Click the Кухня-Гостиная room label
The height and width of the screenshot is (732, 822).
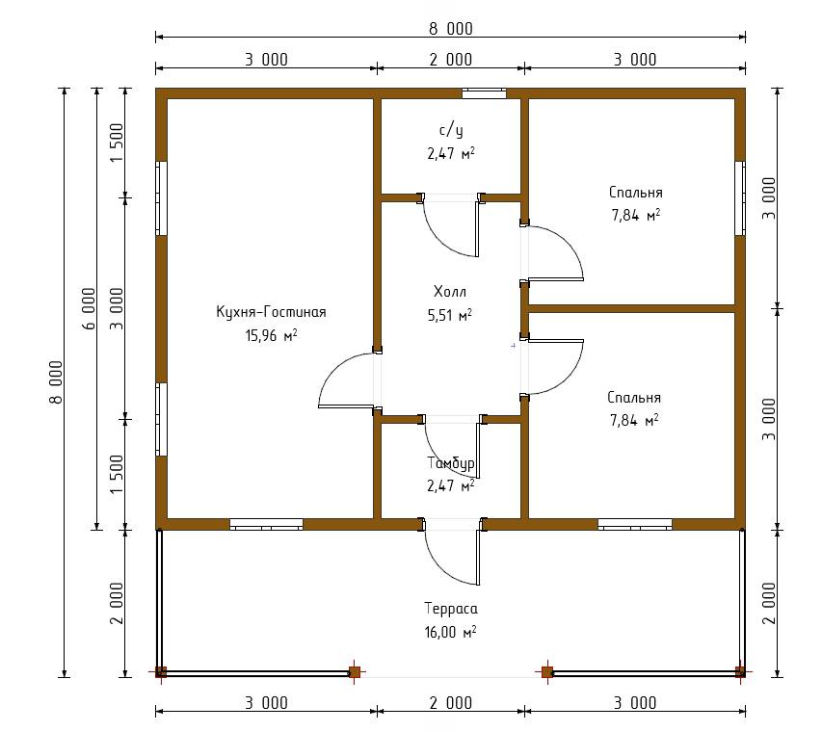point(271,312)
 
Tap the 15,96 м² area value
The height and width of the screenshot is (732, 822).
point(271,335)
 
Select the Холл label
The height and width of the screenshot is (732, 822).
point(450,291)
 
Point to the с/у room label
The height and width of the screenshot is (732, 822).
point(451,130)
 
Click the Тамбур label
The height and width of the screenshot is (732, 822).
point(451,463)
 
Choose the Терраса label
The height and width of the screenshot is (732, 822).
point(451,609)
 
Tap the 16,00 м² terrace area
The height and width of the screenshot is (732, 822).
point(450,632)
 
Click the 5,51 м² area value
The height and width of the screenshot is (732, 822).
point(450,315)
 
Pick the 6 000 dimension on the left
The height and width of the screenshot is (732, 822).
point(90,308)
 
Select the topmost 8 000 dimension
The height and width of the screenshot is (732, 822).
point(451,28)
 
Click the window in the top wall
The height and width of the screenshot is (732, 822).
point(484,93)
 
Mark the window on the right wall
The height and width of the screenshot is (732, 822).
point(740,198)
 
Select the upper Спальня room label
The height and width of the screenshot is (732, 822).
point(635,193)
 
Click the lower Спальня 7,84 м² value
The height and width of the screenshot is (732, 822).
point(634,420)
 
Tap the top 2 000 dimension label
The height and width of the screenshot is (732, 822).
point(451,60)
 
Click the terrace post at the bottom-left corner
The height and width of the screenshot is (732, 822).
point(161,671)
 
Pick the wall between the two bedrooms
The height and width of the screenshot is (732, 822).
point(632,308)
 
